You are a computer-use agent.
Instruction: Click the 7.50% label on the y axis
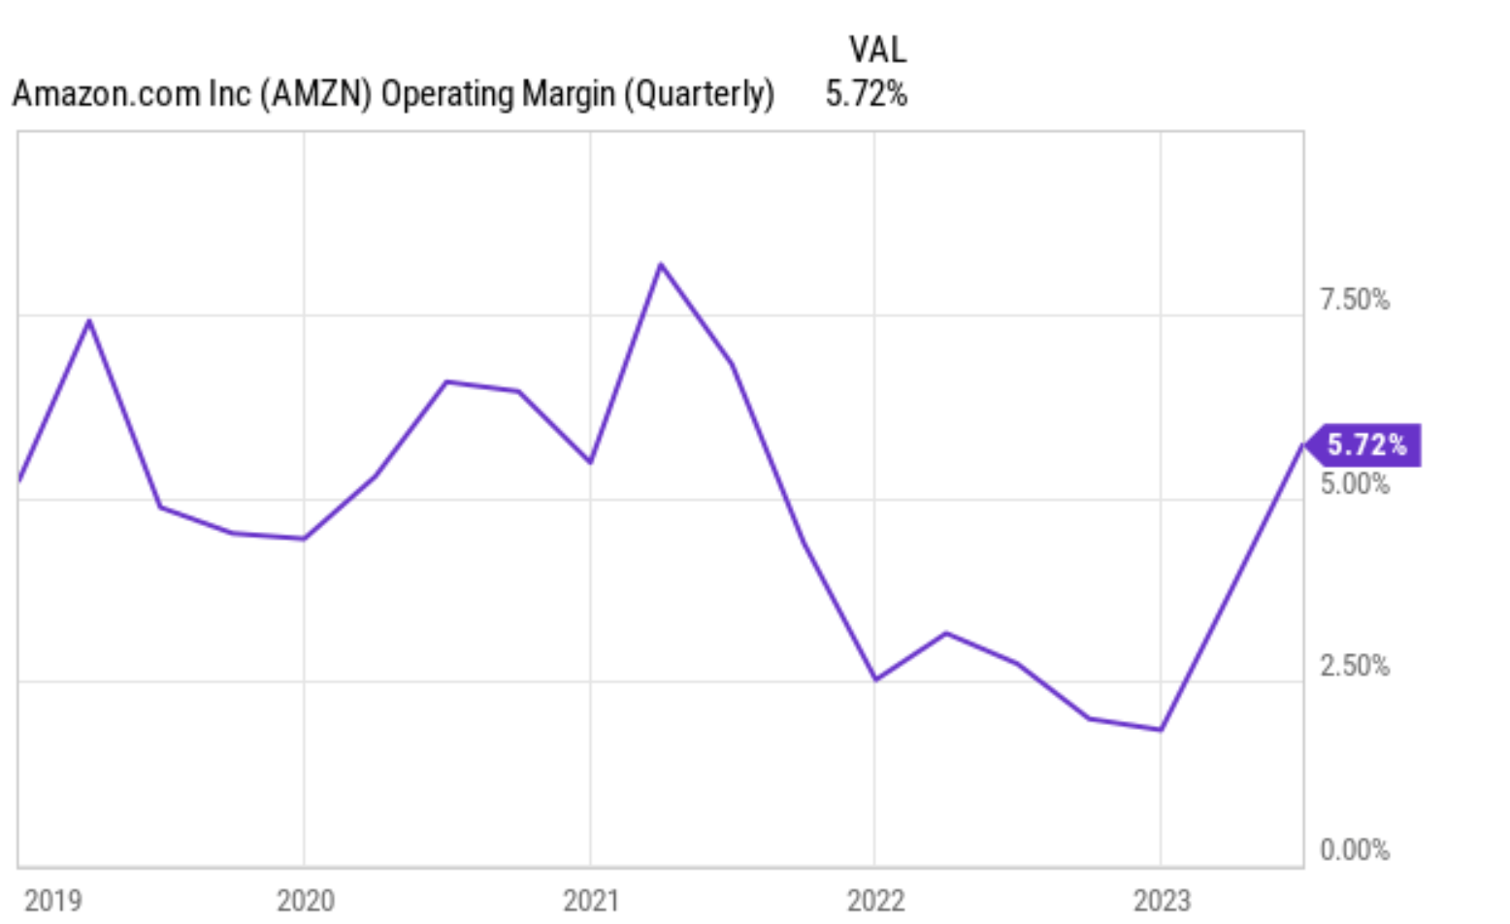coord(1354,300)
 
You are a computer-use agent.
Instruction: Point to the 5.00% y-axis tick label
coord(1354,483)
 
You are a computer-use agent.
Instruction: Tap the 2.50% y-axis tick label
coord(1354,666)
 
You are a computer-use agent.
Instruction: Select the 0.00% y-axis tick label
coord(1354,850)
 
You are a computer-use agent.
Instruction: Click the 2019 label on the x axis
coord(52,900)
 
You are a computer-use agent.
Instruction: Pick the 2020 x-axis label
coord(305,900)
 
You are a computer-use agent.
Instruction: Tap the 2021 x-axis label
coord(590,900)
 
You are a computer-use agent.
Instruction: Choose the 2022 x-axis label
coord(875,900)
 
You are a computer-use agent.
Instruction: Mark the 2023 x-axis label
coord(1162,900)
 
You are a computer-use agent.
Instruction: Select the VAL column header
coord(877,49)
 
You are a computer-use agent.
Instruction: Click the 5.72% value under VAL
coord(866,94)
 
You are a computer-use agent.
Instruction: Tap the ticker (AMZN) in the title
coord(315,94)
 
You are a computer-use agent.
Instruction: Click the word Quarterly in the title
coord(699,94)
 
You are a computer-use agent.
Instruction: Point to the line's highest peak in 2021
coord(661,264)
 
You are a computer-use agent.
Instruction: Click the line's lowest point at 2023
coord(1161,730)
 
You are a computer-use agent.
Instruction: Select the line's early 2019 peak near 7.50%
coord(89,320)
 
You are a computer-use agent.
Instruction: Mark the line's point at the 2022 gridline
coord(875,679)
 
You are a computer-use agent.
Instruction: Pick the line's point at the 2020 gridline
coord(304,539)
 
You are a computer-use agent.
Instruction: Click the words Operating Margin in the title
coord(498,94)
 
